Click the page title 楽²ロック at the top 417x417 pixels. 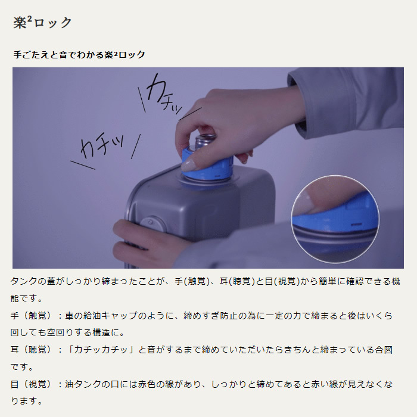tap(42, 23)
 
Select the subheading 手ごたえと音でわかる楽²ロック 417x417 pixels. tap(79, 55)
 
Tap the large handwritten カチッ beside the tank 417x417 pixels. tap(102, 146)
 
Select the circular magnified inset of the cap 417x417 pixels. tap(335, 219)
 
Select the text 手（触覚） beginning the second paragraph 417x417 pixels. tap(31, 315)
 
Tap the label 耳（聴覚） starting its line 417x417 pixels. tap(31, 350)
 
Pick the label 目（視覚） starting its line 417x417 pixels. tap(31, 384)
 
